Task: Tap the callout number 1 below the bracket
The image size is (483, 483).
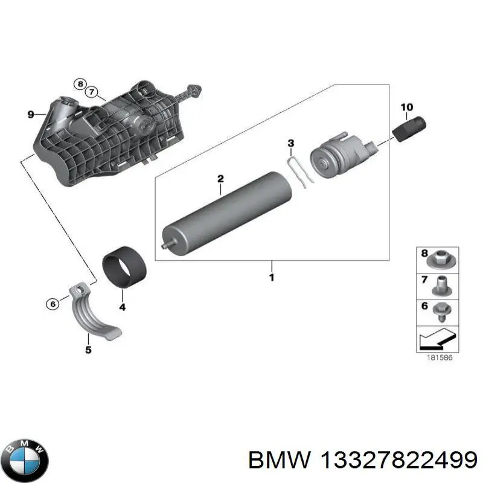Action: click(271, 277)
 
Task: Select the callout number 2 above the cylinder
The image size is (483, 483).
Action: click(220, 179)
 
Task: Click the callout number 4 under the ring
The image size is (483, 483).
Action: click(122, 307)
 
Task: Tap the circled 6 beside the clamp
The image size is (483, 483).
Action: click(53, 304)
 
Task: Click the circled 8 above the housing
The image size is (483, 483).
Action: click(80, 84)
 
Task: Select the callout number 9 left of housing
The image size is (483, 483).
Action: click(31, 113)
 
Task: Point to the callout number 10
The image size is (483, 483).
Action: click(407, 107)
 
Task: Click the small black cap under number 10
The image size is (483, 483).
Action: click(411, 129)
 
